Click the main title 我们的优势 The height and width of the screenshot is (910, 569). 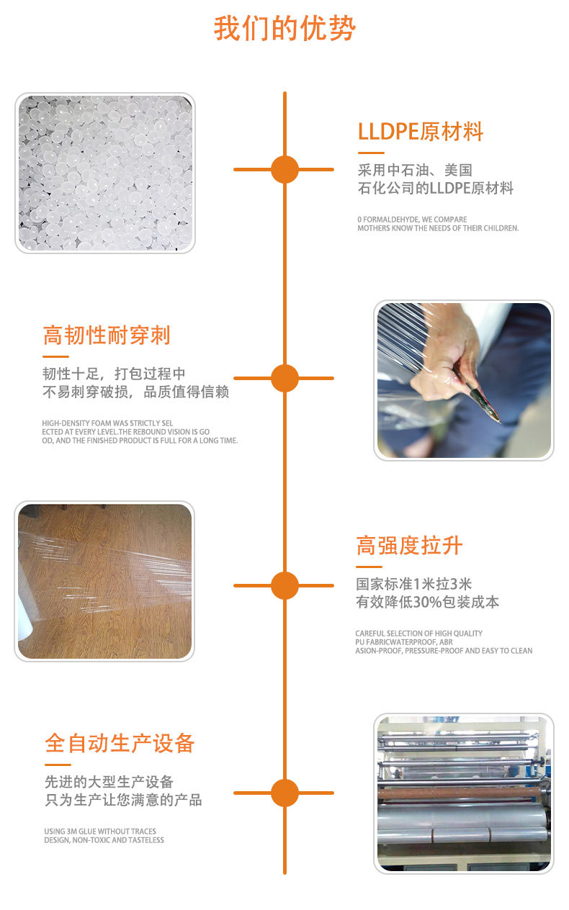pos(284,28)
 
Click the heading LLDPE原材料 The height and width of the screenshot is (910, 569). pos(420,131)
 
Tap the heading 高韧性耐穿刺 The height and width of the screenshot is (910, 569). pos(107,335)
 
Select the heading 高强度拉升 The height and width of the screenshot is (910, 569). pos(409,545)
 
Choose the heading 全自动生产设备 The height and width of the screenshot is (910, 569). pos(120,743)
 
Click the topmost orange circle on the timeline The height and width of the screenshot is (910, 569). pos(284,169)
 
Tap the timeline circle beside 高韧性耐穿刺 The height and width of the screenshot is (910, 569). pos(284,378)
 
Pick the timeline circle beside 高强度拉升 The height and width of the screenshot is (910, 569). pos(284,585)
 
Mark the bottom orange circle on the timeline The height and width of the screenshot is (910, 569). pos(284,793)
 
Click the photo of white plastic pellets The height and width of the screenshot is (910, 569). pos(105,173)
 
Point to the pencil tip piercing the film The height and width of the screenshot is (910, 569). pos(498,421)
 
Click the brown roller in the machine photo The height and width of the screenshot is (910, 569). pos(460,793)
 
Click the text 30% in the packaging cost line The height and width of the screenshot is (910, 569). pos(427,602)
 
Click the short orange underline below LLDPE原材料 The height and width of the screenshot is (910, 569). pos(371,153)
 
